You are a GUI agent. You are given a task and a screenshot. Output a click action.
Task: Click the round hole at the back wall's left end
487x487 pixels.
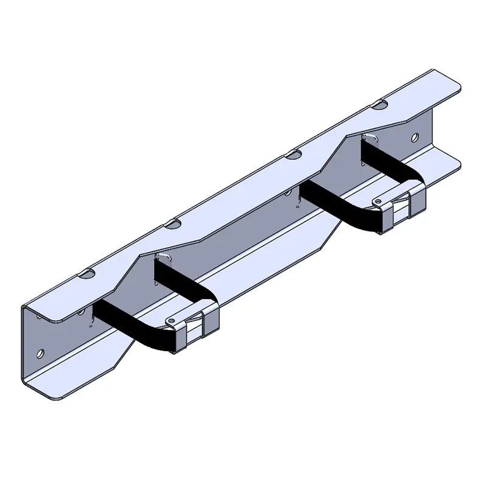click(x=40, y=352)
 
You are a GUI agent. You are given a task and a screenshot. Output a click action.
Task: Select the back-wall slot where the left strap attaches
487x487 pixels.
click(x=161, y=258)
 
